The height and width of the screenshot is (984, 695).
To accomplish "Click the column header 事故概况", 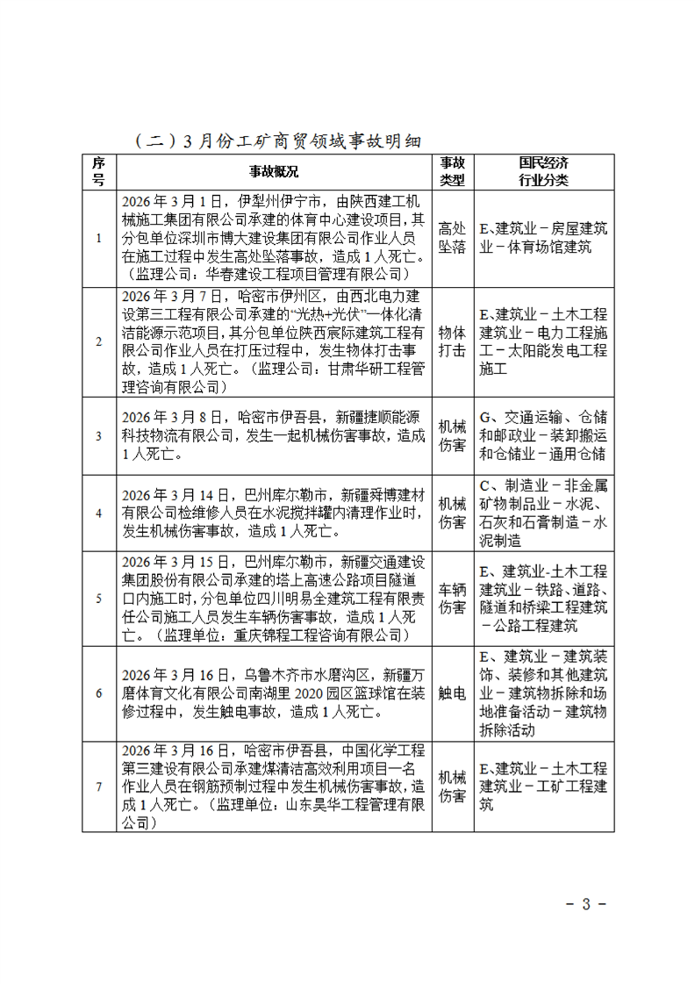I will pos(274,171).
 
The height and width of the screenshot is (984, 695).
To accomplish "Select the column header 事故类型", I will pos(452,171).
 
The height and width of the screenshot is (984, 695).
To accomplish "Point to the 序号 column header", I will pos(99,171).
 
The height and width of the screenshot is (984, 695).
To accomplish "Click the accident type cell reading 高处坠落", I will pos(452,238).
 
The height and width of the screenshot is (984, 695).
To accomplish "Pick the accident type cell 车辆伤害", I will pos(452,598).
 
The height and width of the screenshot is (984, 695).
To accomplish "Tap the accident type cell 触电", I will pos(452,693).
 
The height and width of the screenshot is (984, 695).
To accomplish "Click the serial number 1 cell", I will pos(99,238).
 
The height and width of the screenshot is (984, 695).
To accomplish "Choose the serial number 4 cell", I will pos(99,513).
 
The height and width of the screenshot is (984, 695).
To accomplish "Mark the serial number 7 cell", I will pos(99,786).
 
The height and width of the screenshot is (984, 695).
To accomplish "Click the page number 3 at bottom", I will pos(586,904).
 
